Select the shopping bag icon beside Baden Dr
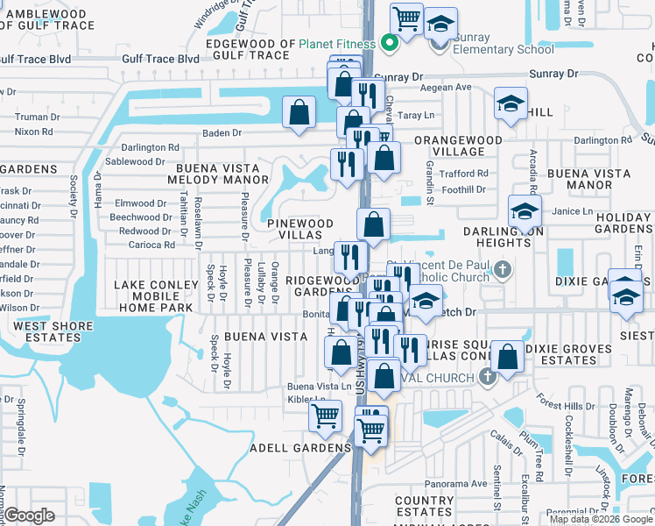pyautogui.click(x=299, y=112)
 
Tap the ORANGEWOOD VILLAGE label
pyautogui.click(x=458, y=146)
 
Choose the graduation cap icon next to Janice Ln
pyautogui.click(x=525, y=212)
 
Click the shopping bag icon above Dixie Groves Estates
pyautogui.click(x=508, y=357)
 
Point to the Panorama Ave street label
pyautogui.click(x=455, y=483)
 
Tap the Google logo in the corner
pyautogui.click(x=28, y=515)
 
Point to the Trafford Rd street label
pyautogui.click(x=463, y=174)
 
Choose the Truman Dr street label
pyautogui.click(x=37, y=117)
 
